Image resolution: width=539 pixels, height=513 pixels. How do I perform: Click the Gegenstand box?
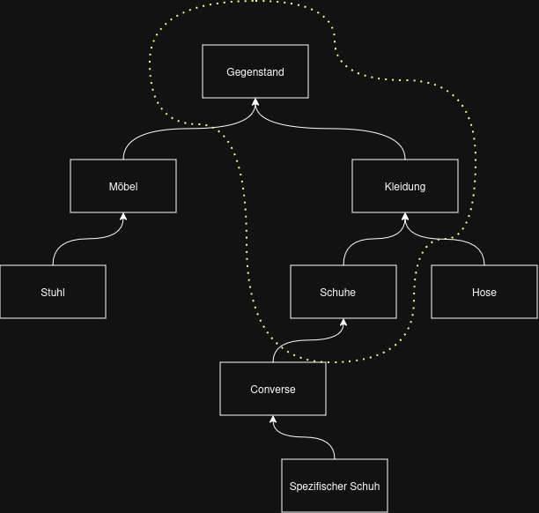[x=255, y=71]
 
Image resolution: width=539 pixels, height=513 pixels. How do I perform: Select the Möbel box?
[x=123, y=186]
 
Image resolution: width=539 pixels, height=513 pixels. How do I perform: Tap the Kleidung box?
[x=405, y=186]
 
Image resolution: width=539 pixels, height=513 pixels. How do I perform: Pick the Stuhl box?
[x=53, y=292]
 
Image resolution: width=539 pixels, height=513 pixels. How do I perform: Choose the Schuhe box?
[x=343, y=292]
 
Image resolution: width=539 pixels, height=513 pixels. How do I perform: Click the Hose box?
[x=484, y=292]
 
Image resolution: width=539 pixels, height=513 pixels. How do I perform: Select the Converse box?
[x=273, y=389]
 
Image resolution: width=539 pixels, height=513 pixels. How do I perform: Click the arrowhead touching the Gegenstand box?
[x=255, y=103]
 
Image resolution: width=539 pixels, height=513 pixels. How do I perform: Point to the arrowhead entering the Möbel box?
[x=123, y=218]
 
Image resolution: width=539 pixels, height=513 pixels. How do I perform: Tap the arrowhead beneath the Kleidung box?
[x=405, y=218]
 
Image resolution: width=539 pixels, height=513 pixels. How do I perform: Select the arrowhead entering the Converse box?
[x=273, y=420]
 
